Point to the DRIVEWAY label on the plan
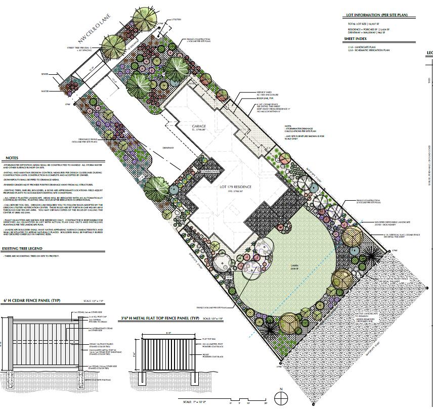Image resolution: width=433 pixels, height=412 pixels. [167, 147]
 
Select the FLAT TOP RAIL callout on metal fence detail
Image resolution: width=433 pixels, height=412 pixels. [209, 339]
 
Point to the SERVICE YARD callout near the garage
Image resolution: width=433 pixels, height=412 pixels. [265, 93]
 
